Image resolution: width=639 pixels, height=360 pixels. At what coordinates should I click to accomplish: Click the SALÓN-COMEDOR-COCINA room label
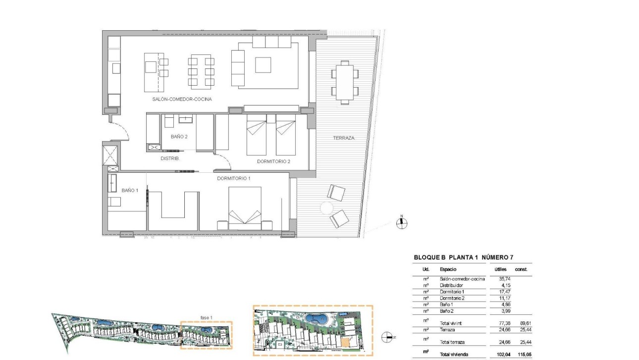click(182, 99)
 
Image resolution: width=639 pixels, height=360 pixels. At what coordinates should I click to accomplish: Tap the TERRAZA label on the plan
click(343, 138)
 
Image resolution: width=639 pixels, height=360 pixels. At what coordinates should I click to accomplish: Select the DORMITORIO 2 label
click(273, 161)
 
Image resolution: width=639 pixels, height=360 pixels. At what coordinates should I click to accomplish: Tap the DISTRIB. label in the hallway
click(169, 158)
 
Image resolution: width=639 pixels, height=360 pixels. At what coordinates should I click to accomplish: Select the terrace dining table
click(344, 80)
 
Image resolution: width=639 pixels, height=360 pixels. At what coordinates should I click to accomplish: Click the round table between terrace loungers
click(327, 208)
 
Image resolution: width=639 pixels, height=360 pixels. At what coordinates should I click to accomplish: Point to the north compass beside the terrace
click(402, 223)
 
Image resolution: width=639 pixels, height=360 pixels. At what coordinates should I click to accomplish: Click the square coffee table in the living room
click(263, 65)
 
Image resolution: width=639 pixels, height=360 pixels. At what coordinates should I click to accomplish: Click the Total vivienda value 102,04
click(502, 355)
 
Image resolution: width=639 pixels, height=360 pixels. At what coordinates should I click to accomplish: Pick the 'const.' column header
click(521, 269)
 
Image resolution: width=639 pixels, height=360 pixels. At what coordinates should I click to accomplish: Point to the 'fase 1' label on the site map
click(206, 317)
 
